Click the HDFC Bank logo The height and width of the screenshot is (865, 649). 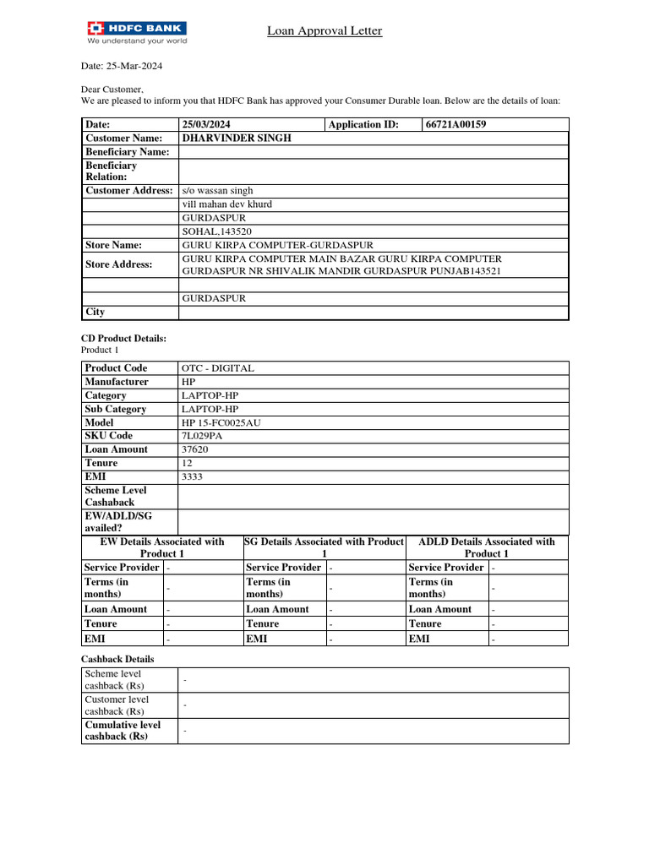click(136, 32)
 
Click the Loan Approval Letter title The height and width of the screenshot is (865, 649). click(324, 31)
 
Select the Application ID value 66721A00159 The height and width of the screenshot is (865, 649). click(455, 125)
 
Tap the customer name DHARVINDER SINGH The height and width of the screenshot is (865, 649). click(237, 138)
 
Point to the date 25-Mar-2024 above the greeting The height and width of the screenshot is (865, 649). click(110, 66)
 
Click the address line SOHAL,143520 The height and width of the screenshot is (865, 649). click(216, 231)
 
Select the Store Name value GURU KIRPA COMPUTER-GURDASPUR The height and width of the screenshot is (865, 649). click(265, 245)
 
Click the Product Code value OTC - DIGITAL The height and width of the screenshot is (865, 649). click(217, 368)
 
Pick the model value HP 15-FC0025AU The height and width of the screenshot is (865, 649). click(221, 422)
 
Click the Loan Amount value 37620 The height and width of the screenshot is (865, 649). click(194, 449)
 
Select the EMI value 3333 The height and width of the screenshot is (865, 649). click(192, 476)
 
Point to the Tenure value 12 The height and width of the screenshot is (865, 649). click(187, 463)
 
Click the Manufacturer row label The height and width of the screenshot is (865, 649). click(116, 382)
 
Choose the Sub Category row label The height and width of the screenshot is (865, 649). click(116, 409)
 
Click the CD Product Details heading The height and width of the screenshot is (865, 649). click(123, 338)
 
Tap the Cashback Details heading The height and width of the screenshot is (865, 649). click(117, 659)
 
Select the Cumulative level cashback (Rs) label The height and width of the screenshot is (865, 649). click(123, 731)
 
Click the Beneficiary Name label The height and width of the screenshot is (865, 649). click(127, 152)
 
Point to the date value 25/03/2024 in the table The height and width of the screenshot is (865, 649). click(206, 125)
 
